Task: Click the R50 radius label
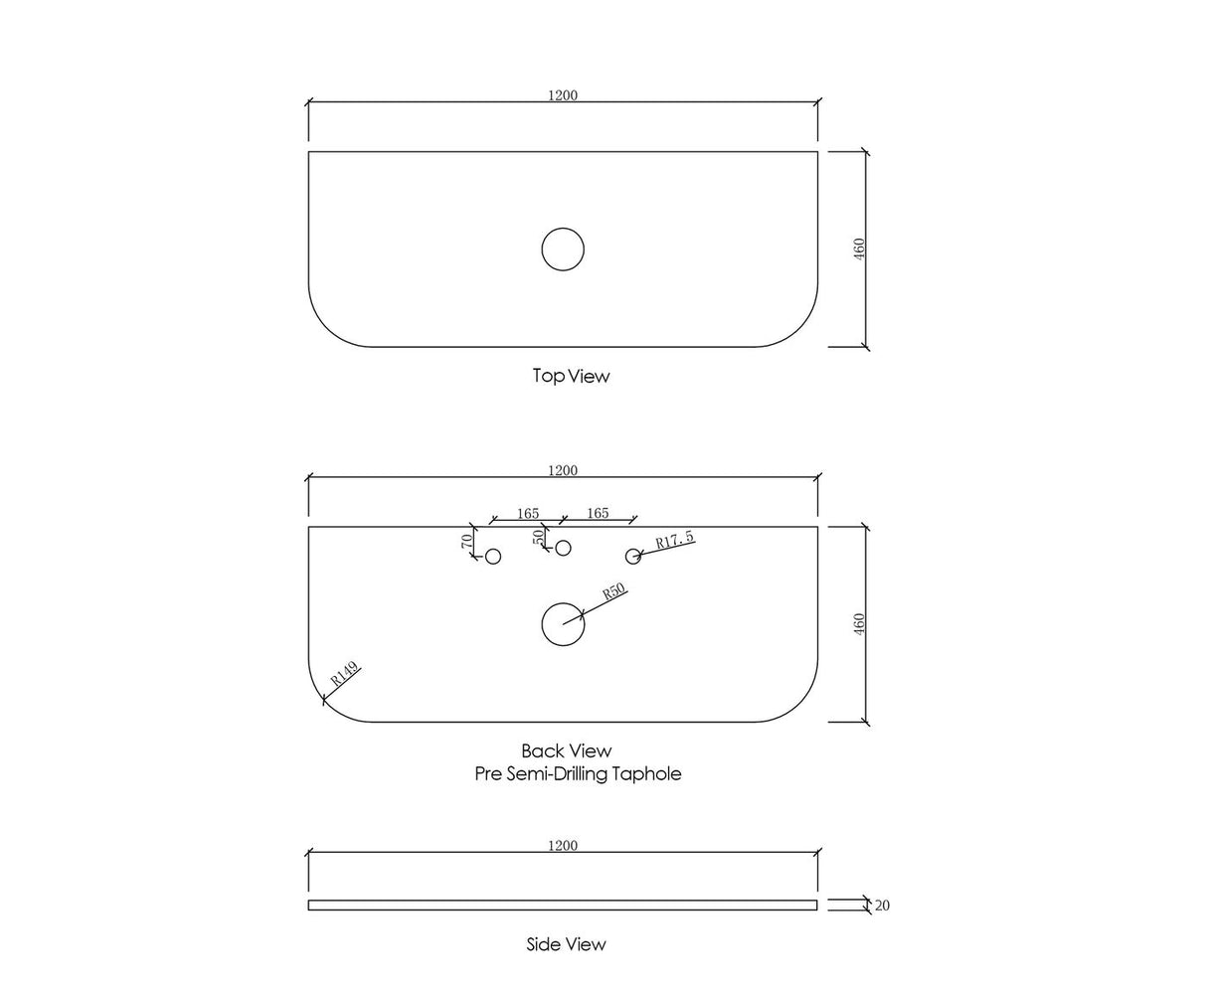[613, 591]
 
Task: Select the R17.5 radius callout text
[675, 540]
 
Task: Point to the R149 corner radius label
[345, 673]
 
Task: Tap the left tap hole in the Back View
[492, 549]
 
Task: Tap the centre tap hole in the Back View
[563, 541]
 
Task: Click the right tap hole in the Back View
[633, 549]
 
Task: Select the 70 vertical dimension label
[467, 542]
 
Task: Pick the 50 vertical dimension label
[538, 537]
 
